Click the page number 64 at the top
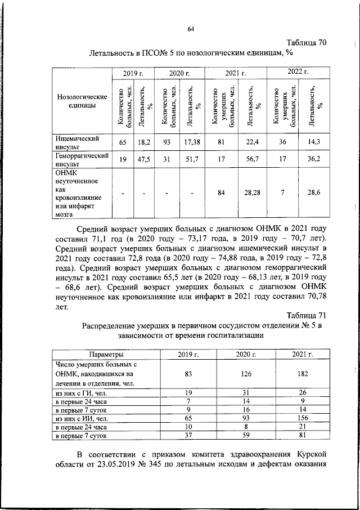(x=190, y=30)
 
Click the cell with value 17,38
(x=192, y=142)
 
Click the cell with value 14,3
(x=313, y=142)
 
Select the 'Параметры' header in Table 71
(x=105, y=354)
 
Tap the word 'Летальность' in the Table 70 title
(x=115, y=53)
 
